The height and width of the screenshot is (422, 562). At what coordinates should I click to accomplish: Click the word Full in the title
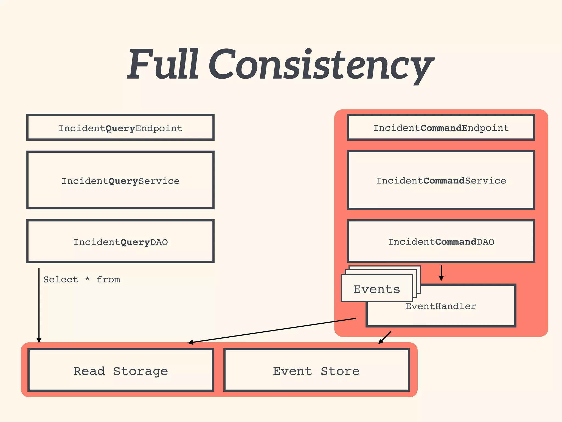(163, 65)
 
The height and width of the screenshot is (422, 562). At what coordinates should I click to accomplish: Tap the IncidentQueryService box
(120, 181)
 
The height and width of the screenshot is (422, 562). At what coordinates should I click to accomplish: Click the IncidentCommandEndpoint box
(441, 128)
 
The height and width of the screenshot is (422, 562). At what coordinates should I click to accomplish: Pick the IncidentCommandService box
(441, 181)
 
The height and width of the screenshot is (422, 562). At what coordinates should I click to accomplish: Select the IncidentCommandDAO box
(441, 241)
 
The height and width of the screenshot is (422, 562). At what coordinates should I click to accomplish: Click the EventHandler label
(441, 306)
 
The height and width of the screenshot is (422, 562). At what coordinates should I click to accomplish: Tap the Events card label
(376, 289)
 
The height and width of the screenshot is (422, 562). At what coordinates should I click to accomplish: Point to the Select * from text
(82, 279)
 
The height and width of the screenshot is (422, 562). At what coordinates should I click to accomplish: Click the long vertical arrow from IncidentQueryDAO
(39, 305)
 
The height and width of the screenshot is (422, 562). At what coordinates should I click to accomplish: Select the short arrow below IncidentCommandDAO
(441, 273)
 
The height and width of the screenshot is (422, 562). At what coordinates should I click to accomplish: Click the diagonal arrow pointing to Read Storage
(272, 331)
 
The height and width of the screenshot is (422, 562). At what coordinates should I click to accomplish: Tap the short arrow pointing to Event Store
(385, 337)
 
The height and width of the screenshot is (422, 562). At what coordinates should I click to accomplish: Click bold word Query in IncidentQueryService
(123, 181)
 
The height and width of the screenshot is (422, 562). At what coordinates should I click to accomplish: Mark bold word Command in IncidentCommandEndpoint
(441, 128)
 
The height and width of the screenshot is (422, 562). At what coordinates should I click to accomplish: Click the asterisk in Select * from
(87, 279)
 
